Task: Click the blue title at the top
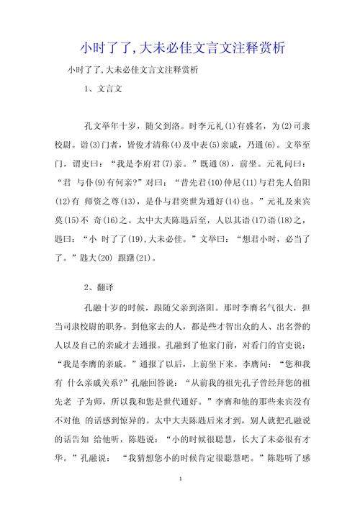pos(180,49)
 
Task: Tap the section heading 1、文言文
pos(104,89)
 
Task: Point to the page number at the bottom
pos(180,479)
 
